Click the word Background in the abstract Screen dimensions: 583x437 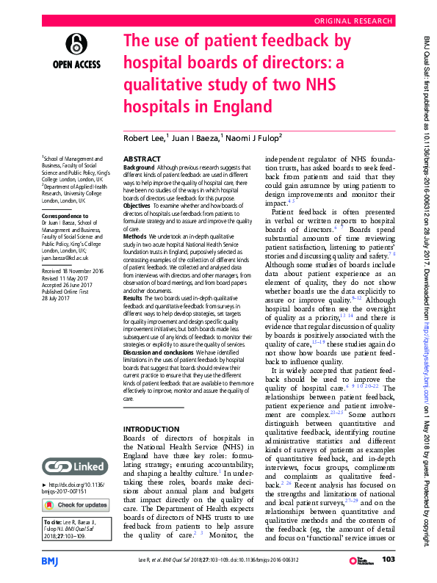click(x=139, y=168)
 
